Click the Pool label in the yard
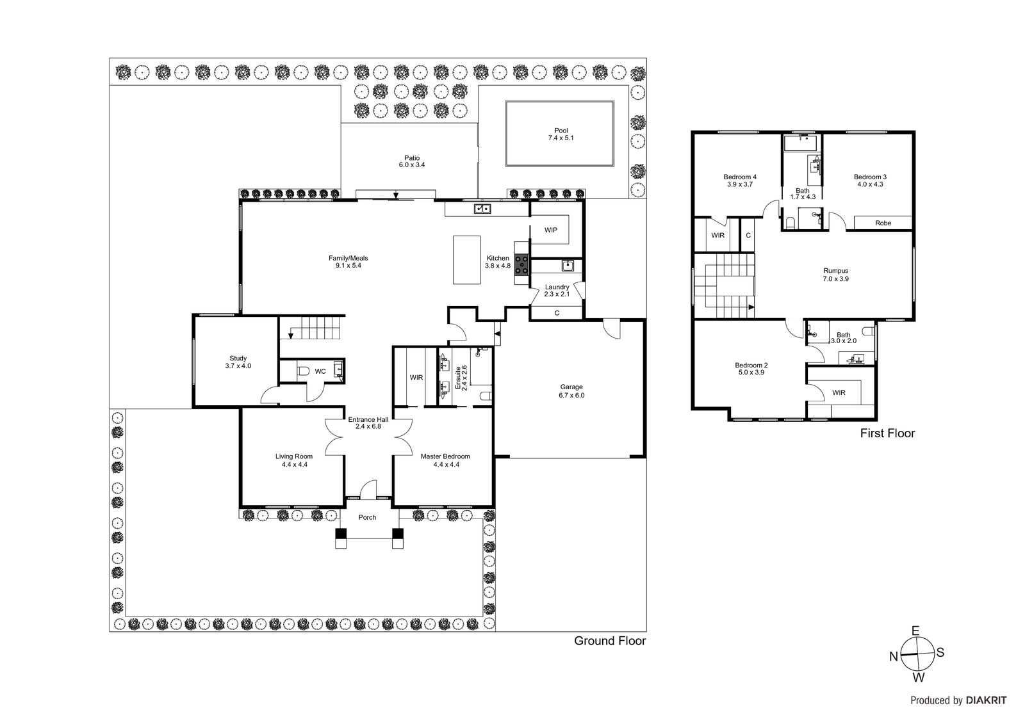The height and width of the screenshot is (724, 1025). click(x=561, y=131)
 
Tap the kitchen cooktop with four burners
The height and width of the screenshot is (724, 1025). click(x=521, y=265)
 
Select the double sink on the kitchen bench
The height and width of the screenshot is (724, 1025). click(x=482, y=209)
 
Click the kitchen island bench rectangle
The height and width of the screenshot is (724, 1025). click(x=467, y=260)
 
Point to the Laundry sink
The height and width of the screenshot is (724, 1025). click(x=568, y=265)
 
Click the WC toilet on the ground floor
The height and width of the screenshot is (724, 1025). click(x=304, y=371)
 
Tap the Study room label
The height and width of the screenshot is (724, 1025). click(x=238, y=358)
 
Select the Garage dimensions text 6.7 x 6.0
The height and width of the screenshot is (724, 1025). click(x=571, y=395)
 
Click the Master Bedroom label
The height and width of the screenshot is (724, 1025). click(x=445, y=456)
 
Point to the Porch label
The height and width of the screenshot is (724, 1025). click(x=367, y=517)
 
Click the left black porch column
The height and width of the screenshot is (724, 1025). click(x=341, y=533)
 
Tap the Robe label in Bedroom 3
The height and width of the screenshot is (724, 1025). click(x=883, y=223)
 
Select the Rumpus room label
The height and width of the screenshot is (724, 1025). click(x=836, y=271)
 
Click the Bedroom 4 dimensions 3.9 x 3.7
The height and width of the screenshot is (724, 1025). click(x=740, y=184)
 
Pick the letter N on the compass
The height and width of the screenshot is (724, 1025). click(x=894, y=657)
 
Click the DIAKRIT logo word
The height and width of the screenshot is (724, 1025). click(x=986, y=700)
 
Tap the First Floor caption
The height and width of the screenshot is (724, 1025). click(x=887, y=433)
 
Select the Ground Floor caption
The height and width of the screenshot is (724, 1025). click(x=610, y=641)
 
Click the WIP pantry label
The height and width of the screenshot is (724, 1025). click(x=551, y=230)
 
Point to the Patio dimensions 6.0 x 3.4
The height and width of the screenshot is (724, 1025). click(x=412, y=165)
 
